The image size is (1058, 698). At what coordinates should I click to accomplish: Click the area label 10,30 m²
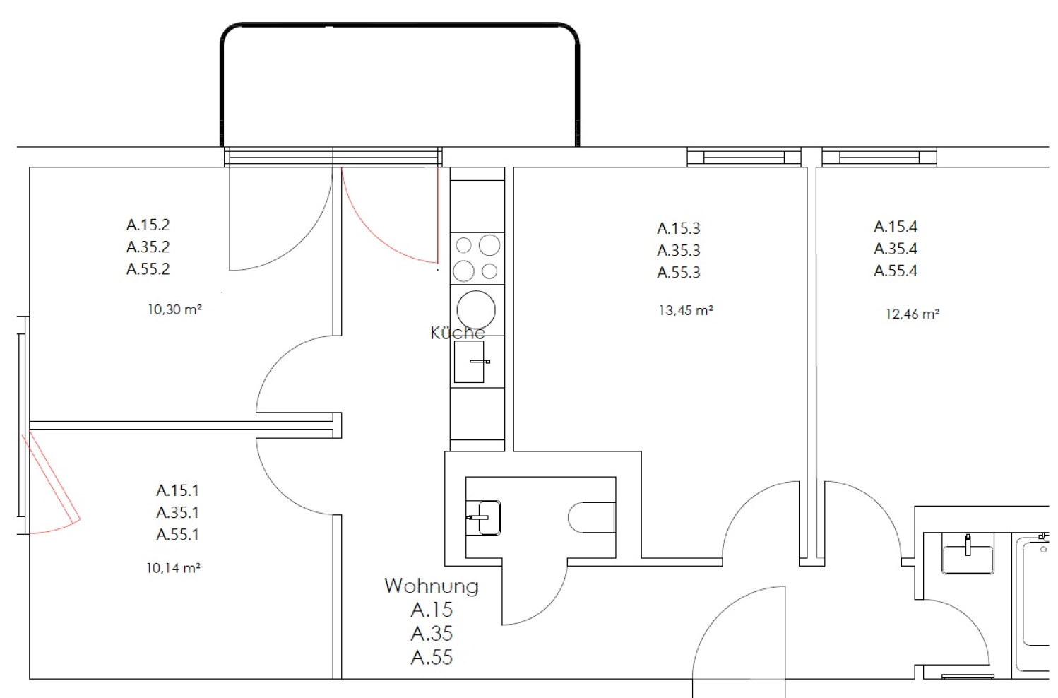[x=174, y=309]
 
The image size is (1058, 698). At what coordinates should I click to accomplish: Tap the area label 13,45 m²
[x=686, y=310]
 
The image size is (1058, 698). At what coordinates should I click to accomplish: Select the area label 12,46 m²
[x=913, y=314]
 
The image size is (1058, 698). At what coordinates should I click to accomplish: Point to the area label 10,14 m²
[x=173, y=568]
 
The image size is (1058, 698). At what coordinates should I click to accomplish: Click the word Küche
[x=458, y=333]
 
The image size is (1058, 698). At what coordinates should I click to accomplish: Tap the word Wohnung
[x=432, y=586]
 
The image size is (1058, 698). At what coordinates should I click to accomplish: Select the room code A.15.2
[x=148, y=225]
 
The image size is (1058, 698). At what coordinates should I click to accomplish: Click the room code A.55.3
[x=679, y=273]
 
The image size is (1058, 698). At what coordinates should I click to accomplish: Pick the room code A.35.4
[x=896, y=249]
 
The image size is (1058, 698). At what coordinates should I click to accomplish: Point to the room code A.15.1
[x=177, y=490]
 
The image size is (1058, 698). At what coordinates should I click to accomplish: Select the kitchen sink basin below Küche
[x=470, y=361]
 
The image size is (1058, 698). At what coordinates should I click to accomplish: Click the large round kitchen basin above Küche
[x=476, y=309]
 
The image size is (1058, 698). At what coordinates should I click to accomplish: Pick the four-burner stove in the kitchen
[x=477, y=258]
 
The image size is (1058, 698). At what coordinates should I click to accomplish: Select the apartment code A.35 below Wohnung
[x=432, y=634]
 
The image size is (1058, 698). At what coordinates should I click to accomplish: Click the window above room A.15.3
[x=744, y=158]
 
